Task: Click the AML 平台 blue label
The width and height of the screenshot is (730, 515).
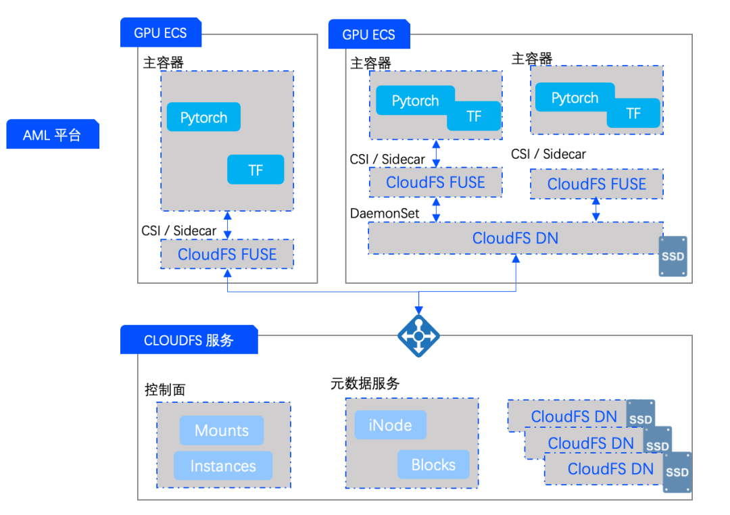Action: (52, 134)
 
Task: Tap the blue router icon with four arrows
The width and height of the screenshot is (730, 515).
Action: (418, 336)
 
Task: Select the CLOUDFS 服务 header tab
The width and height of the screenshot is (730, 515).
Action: (189, 340)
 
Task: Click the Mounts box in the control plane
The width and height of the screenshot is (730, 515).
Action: (222, 431)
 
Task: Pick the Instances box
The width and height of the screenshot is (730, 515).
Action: (223, 466)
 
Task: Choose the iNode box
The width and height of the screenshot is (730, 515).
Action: (391, 425)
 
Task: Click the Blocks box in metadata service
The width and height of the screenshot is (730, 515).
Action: (433, 464)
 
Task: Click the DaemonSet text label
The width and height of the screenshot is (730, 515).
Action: (385, 214)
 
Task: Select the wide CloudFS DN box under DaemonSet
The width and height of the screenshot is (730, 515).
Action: (515, 238)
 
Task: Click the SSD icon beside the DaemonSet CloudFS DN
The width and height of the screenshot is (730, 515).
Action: (673, 256)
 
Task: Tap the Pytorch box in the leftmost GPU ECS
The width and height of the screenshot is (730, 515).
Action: (203, 118)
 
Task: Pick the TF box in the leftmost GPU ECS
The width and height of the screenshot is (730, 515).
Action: (255, 170)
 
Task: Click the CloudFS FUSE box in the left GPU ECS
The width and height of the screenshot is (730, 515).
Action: (227, 254)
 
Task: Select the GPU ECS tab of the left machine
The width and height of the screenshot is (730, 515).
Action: (160, 32)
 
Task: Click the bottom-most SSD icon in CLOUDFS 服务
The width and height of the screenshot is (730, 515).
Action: (677, 472)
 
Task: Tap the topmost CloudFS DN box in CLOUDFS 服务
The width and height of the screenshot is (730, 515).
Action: (573, 416)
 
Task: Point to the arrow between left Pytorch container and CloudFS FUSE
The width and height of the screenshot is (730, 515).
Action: (228, 225)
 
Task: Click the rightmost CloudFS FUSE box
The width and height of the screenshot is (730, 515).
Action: (596, 184)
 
